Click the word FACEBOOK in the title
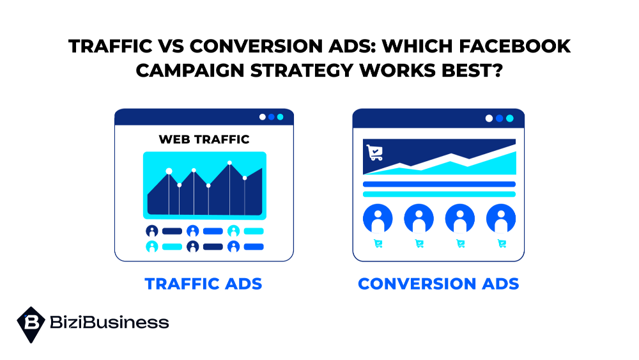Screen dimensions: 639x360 click(x=514, y=46)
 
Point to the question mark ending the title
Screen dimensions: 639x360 click(x=498, y=70)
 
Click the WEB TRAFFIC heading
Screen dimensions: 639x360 click(x=204, y=139)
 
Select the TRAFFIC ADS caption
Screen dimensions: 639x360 click(x=203, y=284)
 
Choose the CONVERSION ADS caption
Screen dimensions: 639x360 click(x=438, y=284)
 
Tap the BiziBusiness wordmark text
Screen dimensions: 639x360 click(x=109, y=322)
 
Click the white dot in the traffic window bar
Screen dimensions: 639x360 click(x=263, y=117)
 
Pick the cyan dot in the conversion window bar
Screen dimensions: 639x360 click(x=510, y=118)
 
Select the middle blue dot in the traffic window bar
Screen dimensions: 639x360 click(x=272, y=117)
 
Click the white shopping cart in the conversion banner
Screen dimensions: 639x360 click(x=374, y=152)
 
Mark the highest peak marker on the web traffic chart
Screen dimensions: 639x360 click(x=230, y=162)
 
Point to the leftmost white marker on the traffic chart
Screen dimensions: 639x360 click(x=169, y=171)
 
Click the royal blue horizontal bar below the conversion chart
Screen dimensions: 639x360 click(x=440, y=184)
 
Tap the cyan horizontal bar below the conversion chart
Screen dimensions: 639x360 click(x=440, y=194)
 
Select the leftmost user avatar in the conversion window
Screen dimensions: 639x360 click(x=378, y=219)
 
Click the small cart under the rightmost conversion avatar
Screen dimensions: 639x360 click(x=502, y=244)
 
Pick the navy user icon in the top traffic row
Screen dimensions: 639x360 click(x=152, y=231)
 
